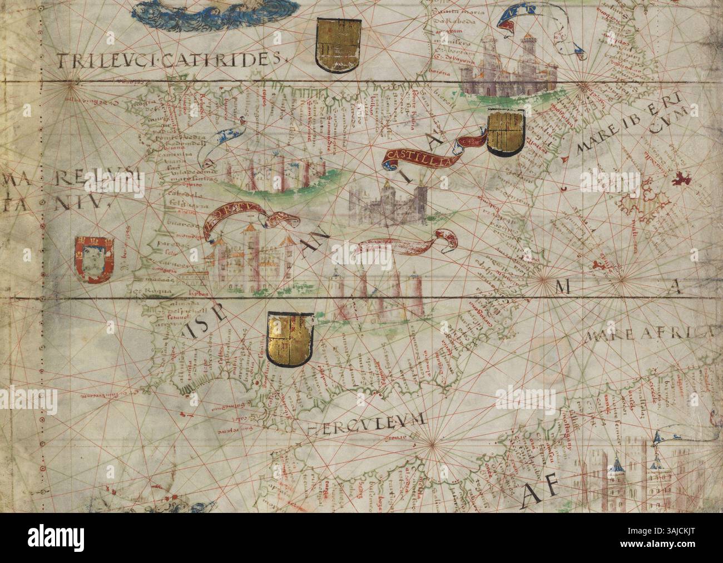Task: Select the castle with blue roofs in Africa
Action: pos(640,473)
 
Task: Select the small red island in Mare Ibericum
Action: pos(679,180)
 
